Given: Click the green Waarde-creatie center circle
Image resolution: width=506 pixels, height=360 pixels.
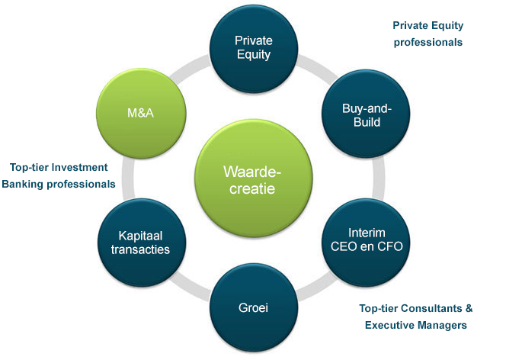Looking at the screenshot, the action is point(253,178).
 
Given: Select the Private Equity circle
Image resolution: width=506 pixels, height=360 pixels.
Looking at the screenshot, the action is point(253,49).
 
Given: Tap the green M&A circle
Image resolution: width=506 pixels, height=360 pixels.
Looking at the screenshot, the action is point(141,114).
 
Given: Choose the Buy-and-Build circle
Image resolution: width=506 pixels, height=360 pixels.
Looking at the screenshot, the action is point(366,114).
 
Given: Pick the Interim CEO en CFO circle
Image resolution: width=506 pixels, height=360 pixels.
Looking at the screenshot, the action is point(367,242).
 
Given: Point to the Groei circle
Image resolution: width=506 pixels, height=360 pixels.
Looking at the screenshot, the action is point(253,307).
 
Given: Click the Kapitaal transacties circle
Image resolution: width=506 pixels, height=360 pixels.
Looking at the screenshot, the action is point(142,243).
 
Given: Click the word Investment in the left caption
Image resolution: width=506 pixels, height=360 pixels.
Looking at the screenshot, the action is point(80,167).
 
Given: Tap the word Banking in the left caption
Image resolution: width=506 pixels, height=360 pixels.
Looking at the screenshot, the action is point(23,184).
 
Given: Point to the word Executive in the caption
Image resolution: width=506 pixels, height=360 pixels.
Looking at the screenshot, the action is point(387,325).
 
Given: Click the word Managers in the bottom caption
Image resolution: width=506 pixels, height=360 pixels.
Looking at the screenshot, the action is point(440,325).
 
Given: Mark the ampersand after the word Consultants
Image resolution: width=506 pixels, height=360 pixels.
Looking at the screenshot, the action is point(469,308).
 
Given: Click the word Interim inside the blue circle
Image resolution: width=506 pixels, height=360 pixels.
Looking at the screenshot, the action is point(367,233).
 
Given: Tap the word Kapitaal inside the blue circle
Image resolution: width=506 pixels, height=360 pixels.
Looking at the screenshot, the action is point(140,236).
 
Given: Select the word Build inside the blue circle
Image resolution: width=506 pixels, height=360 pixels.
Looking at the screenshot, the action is point(367,122).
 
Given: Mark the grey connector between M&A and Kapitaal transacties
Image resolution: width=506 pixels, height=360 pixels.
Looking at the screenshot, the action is point(128,178).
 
